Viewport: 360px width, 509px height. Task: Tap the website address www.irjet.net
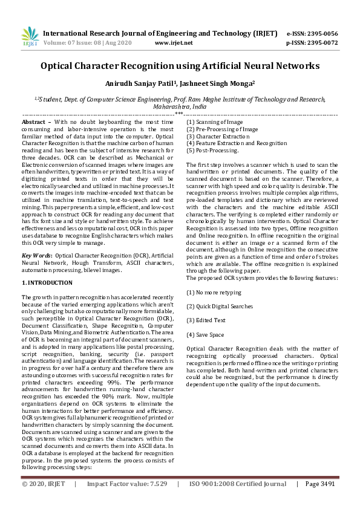(x=174, y=43)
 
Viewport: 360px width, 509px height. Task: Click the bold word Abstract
(x=36, y=122)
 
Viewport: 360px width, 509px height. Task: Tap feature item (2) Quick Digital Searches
(x=220, y=306)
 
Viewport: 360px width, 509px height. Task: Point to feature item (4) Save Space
(x=205, y=334)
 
